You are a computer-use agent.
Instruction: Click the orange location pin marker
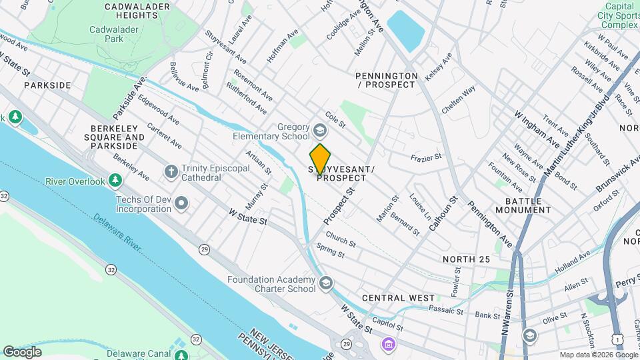[x=321, y=159]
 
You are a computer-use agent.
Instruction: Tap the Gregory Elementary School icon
[x=320, y=129]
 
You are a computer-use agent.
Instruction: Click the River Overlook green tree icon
[x=116, y=181]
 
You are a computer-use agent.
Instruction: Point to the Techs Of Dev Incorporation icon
[x=181, y=204]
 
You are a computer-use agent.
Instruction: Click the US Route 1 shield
[x=621, y=340]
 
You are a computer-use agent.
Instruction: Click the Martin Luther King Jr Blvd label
[x=577, y=140]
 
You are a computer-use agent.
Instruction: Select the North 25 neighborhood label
[x=466, y=259]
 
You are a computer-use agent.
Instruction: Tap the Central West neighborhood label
[x=398, y=298]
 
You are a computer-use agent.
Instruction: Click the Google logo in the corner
[x=22, y=351]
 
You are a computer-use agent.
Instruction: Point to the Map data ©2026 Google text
[x=597, y=355]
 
